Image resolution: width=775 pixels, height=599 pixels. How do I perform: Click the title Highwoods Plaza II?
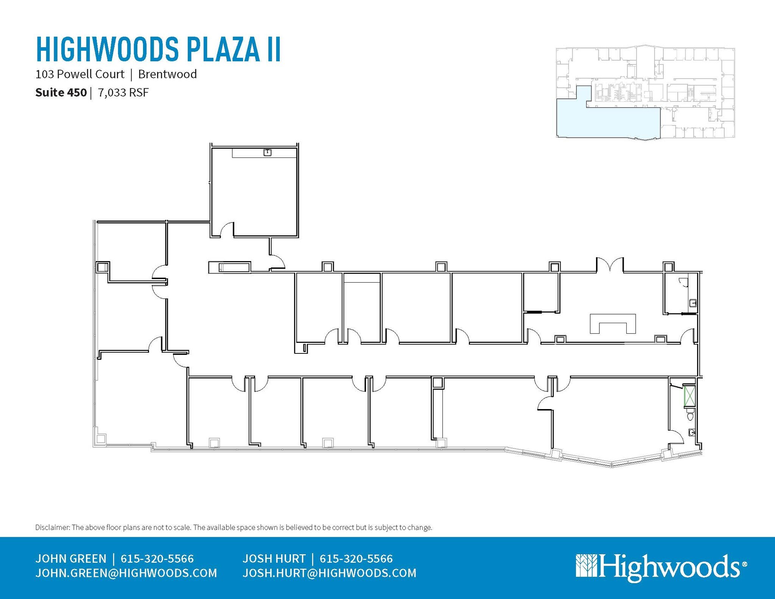point(158,49)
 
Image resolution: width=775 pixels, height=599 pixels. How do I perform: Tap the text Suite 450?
point(61,93)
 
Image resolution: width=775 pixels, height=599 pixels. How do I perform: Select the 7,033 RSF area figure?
point(123,93)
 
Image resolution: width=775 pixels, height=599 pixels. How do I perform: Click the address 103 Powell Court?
point(80,74)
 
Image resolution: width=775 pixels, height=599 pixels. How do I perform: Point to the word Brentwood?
point(167,74)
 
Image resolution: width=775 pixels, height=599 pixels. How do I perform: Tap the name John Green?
point(71,559)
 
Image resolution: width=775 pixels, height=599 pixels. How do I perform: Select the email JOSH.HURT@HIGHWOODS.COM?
point(329,573)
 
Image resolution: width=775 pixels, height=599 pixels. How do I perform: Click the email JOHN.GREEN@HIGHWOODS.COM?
point(126,573)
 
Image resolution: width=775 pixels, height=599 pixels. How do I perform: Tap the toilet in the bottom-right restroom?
point(690,417)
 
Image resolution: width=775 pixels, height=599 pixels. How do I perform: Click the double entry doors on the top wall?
point(610,265)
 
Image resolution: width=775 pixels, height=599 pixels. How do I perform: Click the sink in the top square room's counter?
point(268,152)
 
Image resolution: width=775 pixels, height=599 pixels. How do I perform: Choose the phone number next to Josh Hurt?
point(356,559)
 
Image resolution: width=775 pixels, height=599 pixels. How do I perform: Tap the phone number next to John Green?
point(157,559)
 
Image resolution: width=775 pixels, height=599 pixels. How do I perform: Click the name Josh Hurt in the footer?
point(274,559)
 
